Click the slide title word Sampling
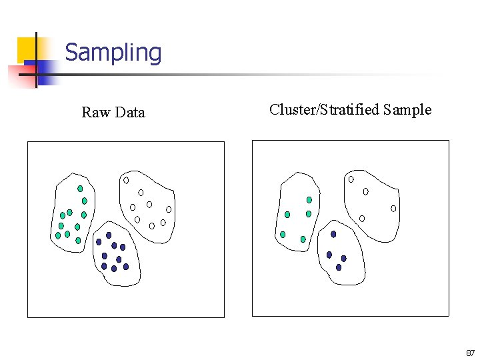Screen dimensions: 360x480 pos(113,53)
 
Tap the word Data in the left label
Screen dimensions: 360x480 pos(129,113)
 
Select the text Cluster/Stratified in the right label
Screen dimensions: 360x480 pos(325,110)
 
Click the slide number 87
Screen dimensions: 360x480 pos(470,353)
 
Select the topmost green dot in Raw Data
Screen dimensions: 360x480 pos(80,189)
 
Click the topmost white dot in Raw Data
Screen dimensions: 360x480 pos(126,180)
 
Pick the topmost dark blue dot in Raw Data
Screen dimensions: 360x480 pos(109,235)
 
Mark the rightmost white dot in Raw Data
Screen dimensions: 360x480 pos(169,209)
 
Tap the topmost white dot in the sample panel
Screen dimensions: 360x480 pos(351,179)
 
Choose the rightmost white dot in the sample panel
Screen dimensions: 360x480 pos(393,209)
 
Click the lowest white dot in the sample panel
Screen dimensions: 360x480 pos(362,218)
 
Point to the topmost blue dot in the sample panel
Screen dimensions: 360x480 pos(333,234)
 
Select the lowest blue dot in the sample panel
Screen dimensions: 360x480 pos(339,267)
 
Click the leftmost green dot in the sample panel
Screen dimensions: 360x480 pos(283,235)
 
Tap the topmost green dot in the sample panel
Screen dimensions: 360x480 pos(309,199)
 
